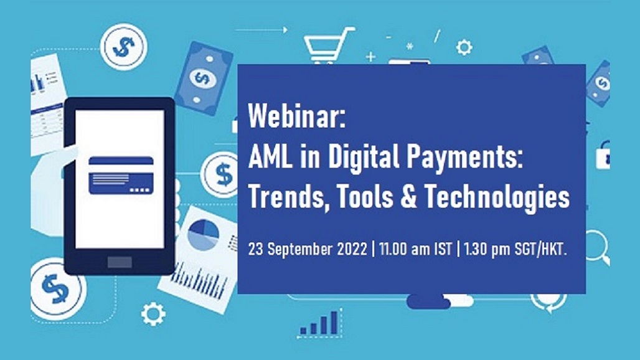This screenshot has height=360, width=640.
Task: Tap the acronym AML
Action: pos(270,157)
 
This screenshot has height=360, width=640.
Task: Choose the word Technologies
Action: pos(497,197)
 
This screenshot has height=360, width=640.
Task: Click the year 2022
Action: pos(352,249)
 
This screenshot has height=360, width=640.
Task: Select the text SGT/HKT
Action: pos(541,249)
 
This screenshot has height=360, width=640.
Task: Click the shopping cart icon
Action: pos(329,44)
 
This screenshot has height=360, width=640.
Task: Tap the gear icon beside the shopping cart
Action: pos(464,47)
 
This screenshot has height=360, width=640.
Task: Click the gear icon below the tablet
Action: pos(153,313)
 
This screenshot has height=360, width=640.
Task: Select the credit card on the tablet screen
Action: pos(121,175)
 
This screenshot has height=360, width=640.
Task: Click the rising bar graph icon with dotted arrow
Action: pos(319,324)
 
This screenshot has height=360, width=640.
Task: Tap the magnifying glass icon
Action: pos(597,246)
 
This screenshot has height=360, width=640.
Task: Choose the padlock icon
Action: pos(603,154)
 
